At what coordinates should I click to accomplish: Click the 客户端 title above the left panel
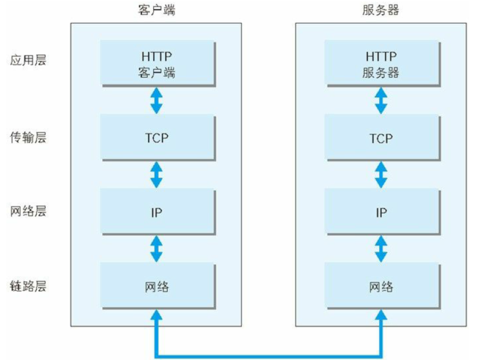coord(157,10)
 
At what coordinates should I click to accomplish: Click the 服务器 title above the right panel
coord(381,10)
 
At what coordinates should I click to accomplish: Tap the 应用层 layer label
coord(28,60)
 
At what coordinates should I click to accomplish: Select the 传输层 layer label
coord(28,137)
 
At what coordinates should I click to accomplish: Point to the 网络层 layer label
coord(28,211)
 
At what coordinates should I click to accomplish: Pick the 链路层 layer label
coord(28,286)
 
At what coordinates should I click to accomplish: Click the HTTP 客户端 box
coord(158,63)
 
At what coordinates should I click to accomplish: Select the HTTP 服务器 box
coord(383,63)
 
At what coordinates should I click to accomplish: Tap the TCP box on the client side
coord(158,138)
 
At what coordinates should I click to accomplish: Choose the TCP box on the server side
coord(383,138)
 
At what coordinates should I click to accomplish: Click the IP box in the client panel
coord(158,212)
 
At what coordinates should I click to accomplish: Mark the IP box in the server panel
coord(383,212)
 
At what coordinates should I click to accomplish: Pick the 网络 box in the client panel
coord(158,286)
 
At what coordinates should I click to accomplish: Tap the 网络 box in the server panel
coord(383,286)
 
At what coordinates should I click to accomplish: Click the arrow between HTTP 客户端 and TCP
coord(157,101)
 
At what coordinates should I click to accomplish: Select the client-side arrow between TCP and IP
coord(157,174)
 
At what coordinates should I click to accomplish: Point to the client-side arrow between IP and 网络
coord(157,249)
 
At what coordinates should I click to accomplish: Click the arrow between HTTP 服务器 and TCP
coord(381,101)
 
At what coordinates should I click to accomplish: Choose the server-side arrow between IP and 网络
coord(381,249)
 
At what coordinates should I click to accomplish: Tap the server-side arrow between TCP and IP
coord(381,174)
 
